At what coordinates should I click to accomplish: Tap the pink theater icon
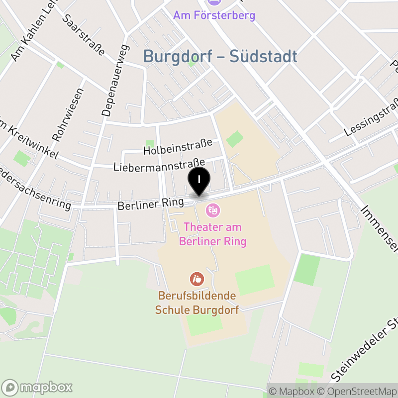(212, 210)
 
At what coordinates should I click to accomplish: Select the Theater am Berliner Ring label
(212, 234)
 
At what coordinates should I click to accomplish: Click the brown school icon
(197, 279)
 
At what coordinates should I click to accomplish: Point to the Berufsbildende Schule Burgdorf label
(197, 302)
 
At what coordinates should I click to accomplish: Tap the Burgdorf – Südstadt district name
(220, 57)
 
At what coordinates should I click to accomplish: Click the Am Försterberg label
(214, 15)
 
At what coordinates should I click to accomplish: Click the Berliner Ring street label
(151, 203)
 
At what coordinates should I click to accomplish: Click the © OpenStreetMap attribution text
(356, 392)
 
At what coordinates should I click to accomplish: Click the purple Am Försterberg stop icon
(214, 2)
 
